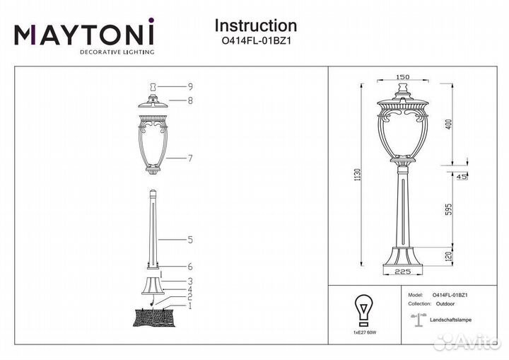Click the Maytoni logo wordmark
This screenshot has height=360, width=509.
tap(84, 32)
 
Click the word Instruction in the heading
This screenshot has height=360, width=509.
tap(256, 25)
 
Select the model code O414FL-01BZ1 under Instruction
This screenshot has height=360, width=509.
tap(255, 41)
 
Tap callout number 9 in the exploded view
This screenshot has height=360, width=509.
tap(191, 87)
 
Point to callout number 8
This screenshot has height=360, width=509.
tap(190, 100)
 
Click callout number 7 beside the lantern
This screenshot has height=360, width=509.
tap(191, 158)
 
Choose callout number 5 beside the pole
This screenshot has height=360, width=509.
tap(191, 240)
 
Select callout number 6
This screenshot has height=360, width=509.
tap(191, 267)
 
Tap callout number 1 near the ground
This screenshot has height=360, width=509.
tap(190, 306)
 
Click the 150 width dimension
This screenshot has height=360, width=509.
tap(403, 77)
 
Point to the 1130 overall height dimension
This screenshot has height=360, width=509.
tap(358, 175)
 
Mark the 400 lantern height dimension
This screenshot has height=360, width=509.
tap(449, 124)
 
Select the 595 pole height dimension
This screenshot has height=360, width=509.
tap(449, 211)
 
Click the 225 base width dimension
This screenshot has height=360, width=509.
tap(403, 272)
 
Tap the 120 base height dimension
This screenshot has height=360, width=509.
tap(449, 256)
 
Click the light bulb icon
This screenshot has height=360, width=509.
tap(363, 310)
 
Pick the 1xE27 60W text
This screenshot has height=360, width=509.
tap(365, 332)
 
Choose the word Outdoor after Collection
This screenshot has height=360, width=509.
tap(445, 304)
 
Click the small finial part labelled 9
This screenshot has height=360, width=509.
tap(153, 87)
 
